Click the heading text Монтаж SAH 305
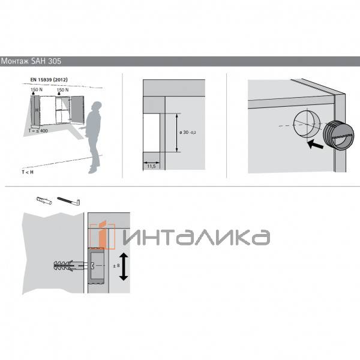(x=31, y=61)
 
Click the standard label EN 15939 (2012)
(x=49, y=80)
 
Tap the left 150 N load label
(x=37, y=89)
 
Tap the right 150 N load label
(x=62, y=90)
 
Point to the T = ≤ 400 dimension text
(x=38, y=131)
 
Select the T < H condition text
(x=28, y=172)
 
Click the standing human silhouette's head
(x=97, y=107)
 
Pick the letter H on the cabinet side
(x=37, y=110)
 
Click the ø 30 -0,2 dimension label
(x=188, y=132)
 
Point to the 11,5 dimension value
(x=151, y=166)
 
